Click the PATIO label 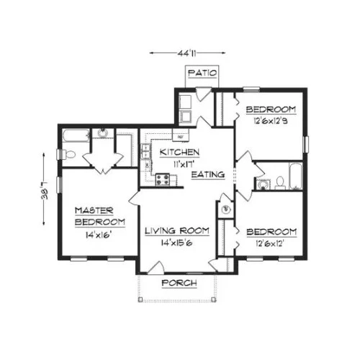pos(202,73)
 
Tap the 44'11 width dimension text pos(187,53)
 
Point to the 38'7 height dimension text pos(45,190)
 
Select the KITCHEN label pos(179,152)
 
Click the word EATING pos(208,174)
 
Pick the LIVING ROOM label pos(177,231)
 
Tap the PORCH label pos(179,283)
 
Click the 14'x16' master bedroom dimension pos(98,235)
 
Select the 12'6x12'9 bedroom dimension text pos(271,121)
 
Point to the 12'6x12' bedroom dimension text pos(270,244)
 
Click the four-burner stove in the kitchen pos(163,180)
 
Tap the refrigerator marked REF pos(181,135)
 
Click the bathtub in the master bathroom pos(76,136)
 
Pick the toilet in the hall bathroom pos(280,183)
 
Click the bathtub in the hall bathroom pos(295,176)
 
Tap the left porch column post pos(140,300)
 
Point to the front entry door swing pos(156,267)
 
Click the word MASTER pos(94,210)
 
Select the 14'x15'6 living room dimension pos(176,243)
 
